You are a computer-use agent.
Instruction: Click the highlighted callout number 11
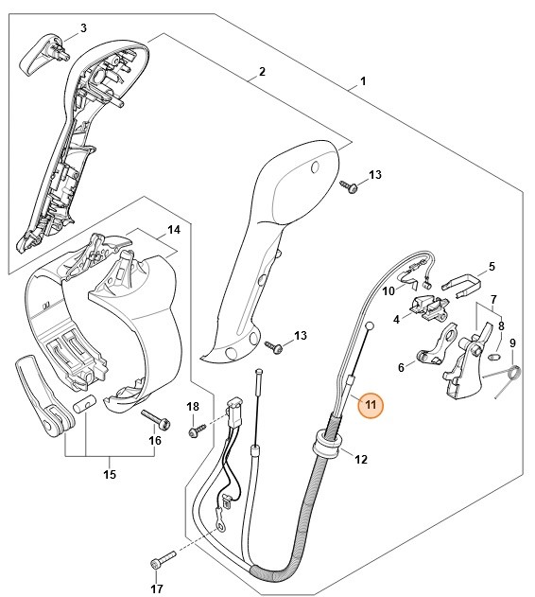pos(371,405)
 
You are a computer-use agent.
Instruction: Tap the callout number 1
pos(363,82)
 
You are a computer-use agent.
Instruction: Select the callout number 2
pos(262,72)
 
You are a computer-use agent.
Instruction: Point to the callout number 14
pos(173,230)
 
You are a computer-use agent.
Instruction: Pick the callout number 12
pos(360,459)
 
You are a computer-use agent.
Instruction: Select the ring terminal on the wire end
pos(220,516)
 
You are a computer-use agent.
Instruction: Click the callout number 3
pos(83,27)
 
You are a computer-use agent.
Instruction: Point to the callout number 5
pos(492,267)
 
